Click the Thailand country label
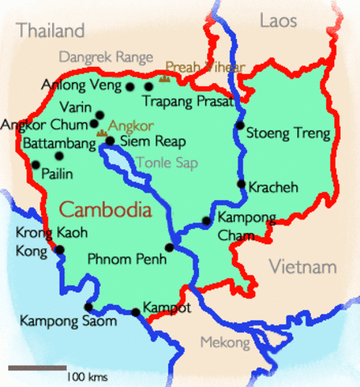[51, 31]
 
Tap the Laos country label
[279, 21]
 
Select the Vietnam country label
[302, 267]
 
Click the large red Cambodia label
[106, 210]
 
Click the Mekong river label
[225, 343]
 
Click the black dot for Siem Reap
[110, 141]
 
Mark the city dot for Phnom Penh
[169, 248]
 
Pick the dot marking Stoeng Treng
[239, 126]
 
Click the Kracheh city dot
[241, 184]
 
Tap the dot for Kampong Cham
[206, 220]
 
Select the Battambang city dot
[59, 156]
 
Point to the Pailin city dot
[35, 164]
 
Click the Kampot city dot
[135, 312]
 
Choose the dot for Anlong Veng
[130, 85]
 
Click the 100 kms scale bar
[37, 368]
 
